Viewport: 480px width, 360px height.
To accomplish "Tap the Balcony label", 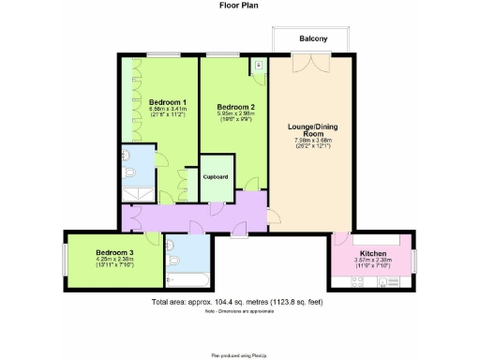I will pos(313,38).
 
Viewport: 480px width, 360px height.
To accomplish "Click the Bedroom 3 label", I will pos(113,252).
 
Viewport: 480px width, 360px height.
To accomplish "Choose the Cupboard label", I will pos(215,176).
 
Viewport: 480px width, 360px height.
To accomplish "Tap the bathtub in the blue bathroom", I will pos(187,278).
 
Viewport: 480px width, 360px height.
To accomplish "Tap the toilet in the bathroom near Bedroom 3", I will pos(172,257).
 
